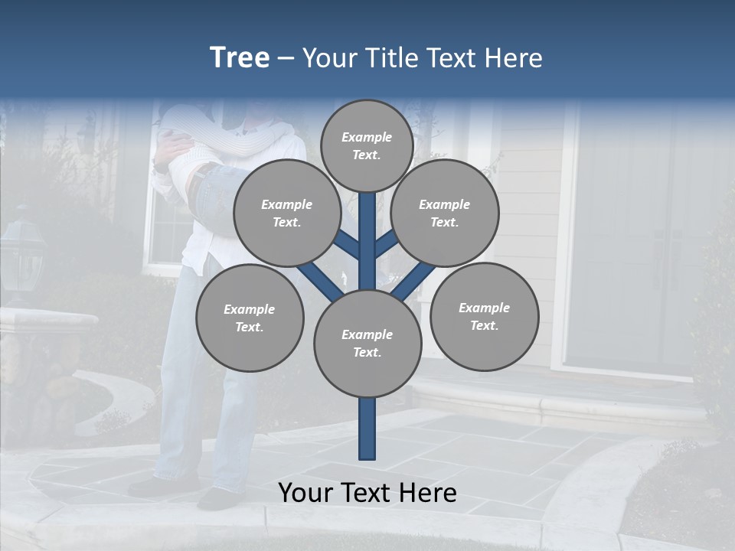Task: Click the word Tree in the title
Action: (x=240, y=58)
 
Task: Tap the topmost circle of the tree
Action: (x=367, y=145)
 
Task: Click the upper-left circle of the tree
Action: (x=286, y=213)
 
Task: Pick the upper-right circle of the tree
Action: (x=445, y=213)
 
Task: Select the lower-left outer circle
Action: (x=250, y=318)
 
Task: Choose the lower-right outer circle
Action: (x=484, y=316)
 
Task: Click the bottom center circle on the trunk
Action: (x=367, y=343)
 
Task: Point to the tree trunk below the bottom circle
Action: (x=367, y=429)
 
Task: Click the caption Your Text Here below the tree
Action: (x=367, y=493)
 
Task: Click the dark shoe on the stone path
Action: (x=218, y=498)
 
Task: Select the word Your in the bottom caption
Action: (x=306, y=493)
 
